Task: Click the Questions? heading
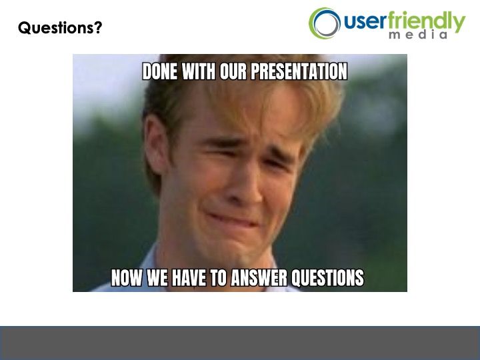pyautogui.click(x=60, y=28)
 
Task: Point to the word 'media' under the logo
pyautogui.click(x=418, y=35)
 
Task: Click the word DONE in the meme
pyautogui.click(x=160, y=71)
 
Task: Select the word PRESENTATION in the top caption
pyautogui.click(x=299, y=71)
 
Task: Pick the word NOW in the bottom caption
pyautogui.click(x=127, y=277)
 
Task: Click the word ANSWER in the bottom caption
pyautogui.click(x=259, y=277)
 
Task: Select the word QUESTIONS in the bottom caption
pyautogui.click(x=327, y=277)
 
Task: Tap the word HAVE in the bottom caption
pyautogui.click(x=188, y=277)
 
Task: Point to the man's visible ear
pyautogui.click(x=156, y=144)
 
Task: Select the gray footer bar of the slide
pyautogui.click(x=240, y=343)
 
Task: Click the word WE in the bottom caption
pyautogui.click(x=157, y=277)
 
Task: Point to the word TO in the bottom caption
pyautogui.click(x=218, y=277)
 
